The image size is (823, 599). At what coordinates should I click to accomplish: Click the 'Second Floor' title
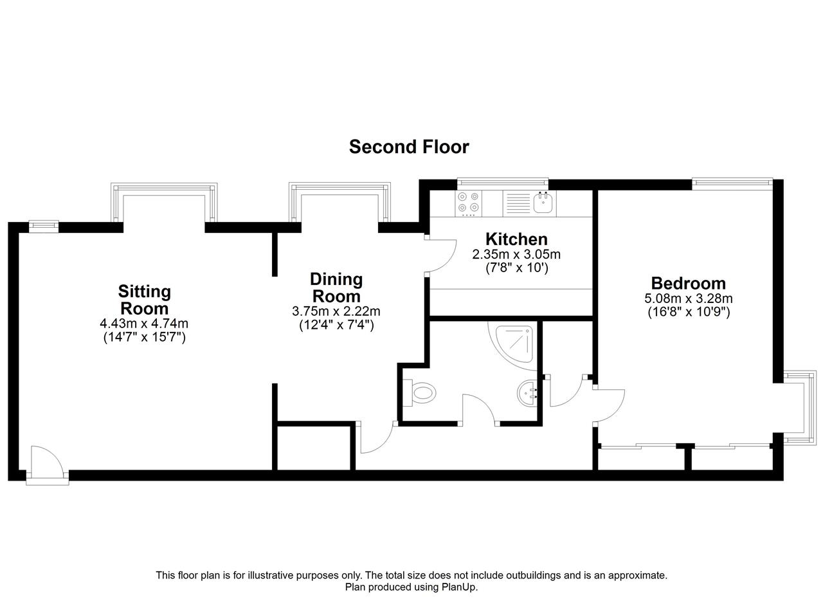pos(408,147)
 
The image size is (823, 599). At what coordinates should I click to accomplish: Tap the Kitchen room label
pos(516,239)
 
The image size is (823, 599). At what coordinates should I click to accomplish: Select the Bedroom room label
pos(688,284)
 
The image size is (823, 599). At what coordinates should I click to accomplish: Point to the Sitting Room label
pos(145,300)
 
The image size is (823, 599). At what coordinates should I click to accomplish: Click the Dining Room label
pos(336,288)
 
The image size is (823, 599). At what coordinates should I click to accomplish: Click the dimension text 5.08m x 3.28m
pos(688,298)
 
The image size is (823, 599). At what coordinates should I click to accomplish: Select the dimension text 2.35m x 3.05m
pos(516,254)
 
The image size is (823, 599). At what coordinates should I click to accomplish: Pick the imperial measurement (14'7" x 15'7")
pos(145,337)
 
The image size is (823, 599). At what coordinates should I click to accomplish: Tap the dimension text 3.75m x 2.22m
pos(336,311)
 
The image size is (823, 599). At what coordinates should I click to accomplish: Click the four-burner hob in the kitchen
pos(469,203)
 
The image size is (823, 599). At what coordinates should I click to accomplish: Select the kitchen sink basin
pos(543,202)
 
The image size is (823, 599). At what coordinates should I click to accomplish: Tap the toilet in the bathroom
pos(419,392)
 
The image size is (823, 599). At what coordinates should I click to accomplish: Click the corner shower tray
pos(514,345)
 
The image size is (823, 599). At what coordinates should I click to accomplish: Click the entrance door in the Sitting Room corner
pos(47,465)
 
